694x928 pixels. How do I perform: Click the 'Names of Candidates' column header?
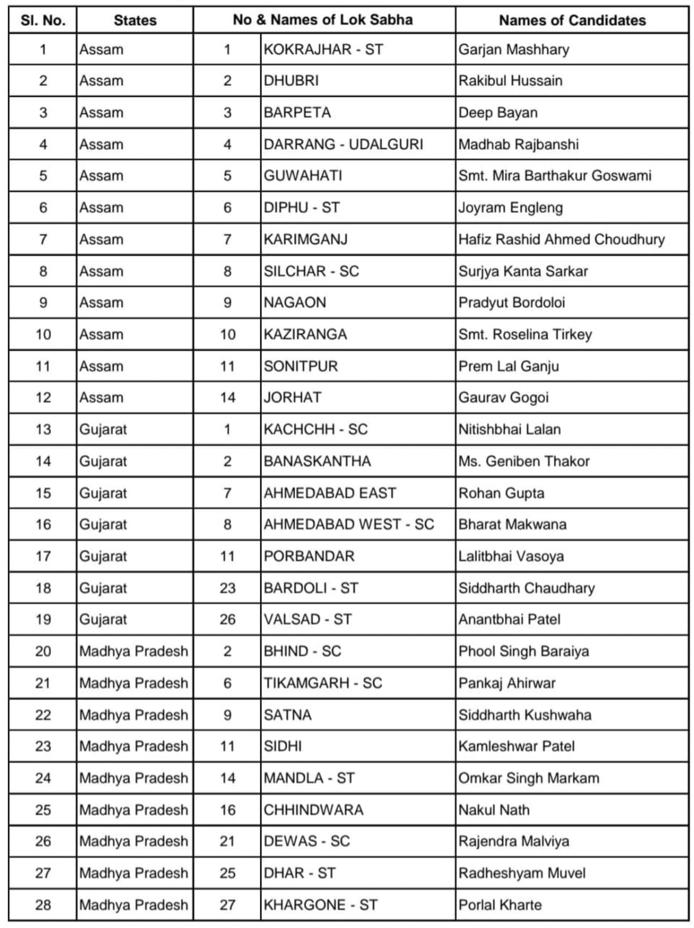(572, 20)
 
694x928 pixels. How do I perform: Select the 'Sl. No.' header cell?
(43, 20)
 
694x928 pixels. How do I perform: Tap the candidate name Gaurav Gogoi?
(503, 397)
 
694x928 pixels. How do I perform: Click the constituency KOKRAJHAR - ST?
(323, 49)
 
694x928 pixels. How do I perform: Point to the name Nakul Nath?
(494, 810)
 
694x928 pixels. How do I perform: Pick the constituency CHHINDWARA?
(313, 810)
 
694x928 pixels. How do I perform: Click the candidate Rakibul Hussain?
(510, 81)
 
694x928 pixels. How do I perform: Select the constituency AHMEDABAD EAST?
(329, 493)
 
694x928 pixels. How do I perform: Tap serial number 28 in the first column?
(43, 905)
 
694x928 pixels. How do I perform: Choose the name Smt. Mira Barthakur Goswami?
(555, 176)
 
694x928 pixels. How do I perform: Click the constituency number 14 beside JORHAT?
(227, 397)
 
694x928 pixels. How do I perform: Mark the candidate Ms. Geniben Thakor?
(524, 461)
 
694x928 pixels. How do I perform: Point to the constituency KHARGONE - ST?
(320, 905)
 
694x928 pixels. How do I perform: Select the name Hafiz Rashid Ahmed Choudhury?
(561, 239)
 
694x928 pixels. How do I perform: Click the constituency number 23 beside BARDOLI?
(227, 588)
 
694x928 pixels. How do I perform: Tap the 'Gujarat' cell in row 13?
(103, 429)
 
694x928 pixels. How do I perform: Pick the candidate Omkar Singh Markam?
(529, 778)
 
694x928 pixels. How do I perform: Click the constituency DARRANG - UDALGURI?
(343, 144)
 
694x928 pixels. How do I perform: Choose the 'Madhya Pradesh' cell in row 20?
(133, 651)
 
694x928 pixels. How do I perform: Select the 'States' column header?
(135, 20)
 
